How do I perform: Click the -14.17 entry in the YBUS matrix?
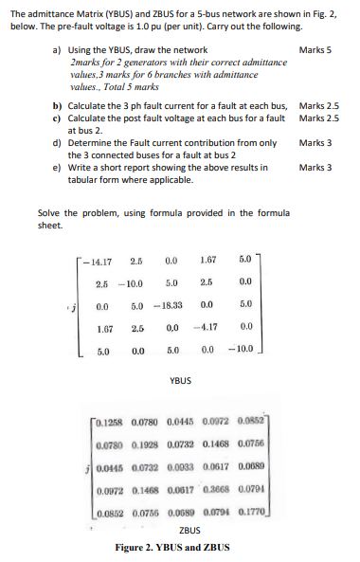point(98,259)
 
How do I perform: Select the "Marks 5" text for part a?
point(314,48)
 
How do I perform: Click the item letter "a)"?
point(58,48)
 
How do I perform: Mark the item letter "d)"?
point(58,142)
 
